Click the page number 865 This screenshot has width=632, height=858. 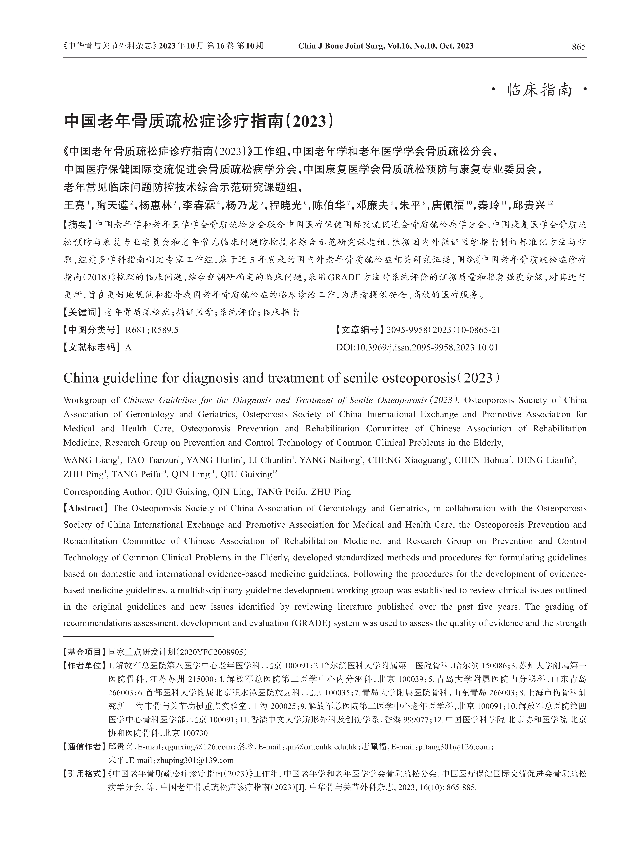pos(578,47)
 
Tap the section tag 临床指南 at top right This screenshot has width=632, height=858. pos(539,90)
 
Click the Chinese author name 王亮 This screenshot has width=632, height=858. pos(74,206)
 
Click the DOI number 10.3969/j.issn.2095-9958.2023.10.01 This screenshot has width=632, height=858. pos(427,348)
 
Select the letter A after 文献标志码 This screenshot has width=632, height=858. pos(128,348)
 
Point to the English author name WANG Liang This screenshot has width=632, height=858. pos(90,460)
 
